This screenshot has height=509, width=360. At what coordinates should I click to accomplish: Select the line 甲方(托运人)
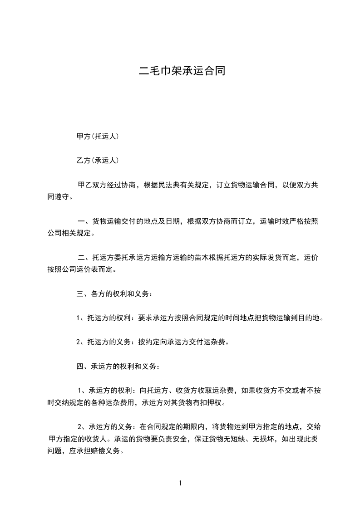(98, 136)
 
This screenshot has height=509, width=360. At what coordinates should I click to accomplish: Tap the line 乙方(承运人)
(98, 160)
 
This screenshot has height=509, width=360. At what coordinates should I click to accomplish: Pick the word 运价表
(91, 270)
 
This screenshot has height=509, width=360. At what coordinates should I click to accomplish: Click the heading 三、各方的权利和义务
(114, 294)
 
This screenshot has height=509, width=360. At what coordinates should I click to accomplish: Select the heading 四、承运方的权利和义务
(118, 366)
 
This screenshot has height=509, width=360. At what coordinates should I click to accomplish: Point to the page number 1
(180, 483)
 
